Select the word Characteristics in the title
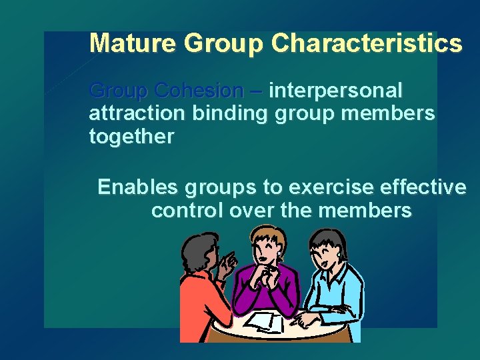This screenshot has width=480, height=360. click(x=367, y=43)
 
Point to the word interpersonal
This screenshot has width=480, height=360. click(x=336, y=90)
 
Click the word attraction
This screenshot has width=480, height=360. click(x=136, y=113)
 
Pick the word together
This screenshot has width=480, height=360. click(x=131, y=137)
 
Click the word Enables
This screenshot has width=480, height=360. click(x=137, y=187)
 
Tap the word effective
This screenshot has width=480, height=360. click(x=427, y=187)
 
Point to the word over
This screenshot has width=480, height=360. click(x=252, y=211)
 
